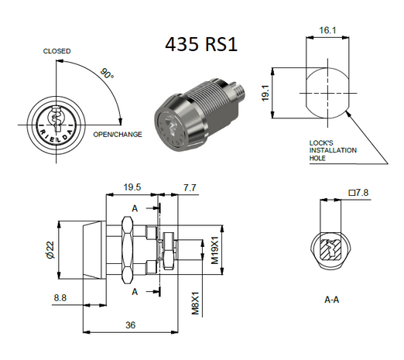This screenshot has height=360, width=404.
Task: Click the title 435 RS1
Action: click(200, 44)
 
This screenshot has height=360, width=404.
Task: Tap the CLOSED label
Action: click(56, 51)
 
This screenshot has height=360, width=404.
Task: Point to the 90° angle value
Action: click(106, 75)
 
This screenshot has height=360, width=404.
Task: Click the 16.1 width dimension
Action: click(327, 30)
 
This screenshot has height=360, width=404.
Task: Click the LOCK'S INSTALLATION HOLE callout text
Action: click(335, 150)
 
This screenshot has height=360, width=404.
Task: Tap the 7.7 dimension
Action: click(190, 187)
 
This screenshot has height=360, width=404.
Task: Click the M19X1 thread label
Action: click(215, 251)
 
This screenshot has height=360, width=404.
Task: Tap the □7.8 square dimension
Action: click(357, 193)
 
